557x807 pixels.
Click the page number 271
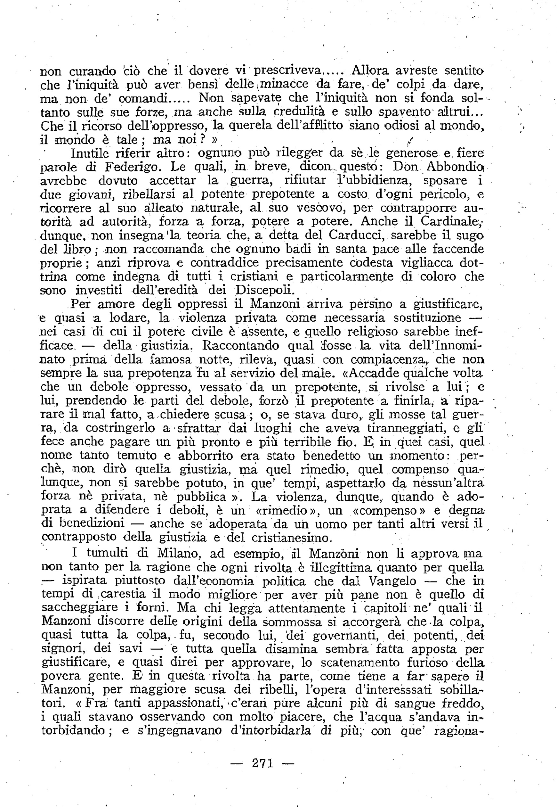[x=262, y=763]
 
